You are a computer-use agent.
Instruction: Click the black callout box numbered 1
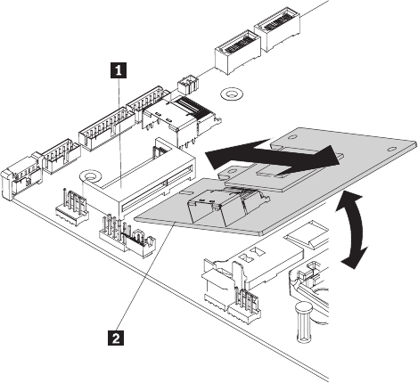tap(119, 70)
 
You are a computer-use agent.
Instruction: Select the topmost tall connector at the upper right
tap(278, 29)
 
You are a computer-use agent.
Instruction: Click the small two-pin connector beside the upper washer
tap(187, 84)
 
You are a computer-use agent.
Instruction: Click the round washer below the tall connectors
tap(232, 94)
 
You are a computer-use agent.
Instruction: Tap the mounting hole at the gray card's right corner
tap(391, 149)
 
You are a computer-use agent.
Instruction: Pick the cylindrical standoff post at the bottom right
tap(304, 322)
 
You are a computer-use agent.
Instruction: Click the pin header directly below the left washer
tap(72, 208)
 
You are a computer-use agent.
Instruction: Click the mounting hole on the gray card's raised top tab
tap(292, 137)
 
